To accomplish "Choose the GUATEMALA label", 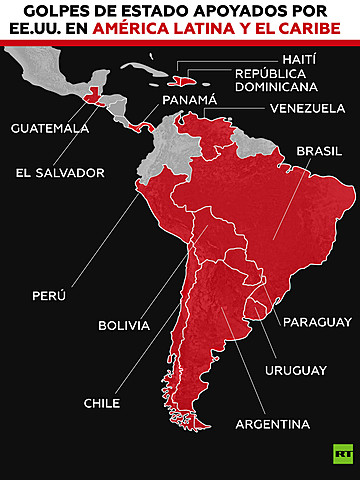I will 50,128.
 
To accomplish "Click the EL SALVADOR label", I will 59,172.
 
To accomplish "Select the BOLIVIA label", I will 124,325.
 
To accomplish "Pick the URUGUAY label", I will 295,370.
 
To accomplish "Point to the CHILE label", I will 102,403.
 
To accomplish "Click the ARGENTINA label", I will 272,424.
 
